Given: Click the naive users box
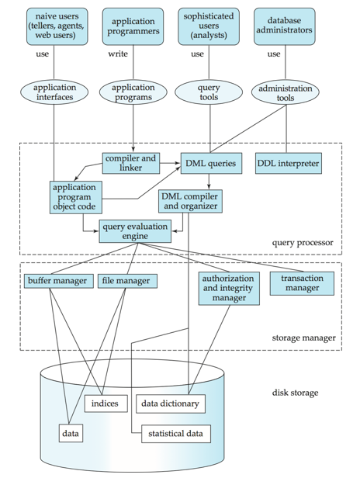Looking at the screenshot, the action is click(x=57, y=26).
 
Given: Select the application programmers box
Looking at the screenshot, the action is click(x=133, y=26).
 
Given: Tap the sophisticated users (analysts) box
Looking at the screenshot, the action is click(x=209, y=26).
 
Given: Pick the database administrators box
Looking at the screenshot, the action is click(x=285, y=26).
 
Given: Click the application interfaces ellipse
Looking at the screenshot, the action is click(x=54, y=92).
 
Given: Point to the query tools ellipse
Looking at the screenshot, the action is click(x=209, y=92).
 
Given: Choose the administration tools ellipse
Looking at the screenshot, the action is click(x=286, y=92).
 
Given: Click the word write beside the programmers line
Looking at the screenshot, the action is click(x=118, y=54).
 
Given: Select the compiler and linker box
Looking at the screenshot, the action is click(x=131, y=163).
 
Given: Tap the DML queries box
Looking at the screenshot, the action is click(x=211, y=164).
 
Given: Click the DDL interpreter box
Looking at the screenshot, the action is click(x=289, y=164).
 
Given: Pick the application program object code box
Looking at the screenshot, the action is click(x=76, y=197).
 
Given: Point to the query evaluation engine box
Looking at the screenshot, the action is click(x=135, y=231).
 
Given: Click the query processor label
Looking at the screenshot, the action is click(x=303, y=243).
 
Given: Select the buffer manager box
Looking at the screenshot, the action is click(x=59, y=281).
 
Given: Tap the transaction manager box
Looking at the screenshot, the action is click(x=302, y=283).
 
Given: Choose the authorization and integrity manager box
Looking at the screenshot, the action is click(x=229, y=289).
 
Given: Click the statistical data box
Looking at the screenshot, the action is click(x=176, y=434).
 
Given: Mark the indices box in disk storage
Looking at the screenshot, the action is click(x=106, y=404).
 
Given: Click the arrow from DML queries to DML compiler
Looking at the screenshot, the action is click(x=209, y=182).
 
